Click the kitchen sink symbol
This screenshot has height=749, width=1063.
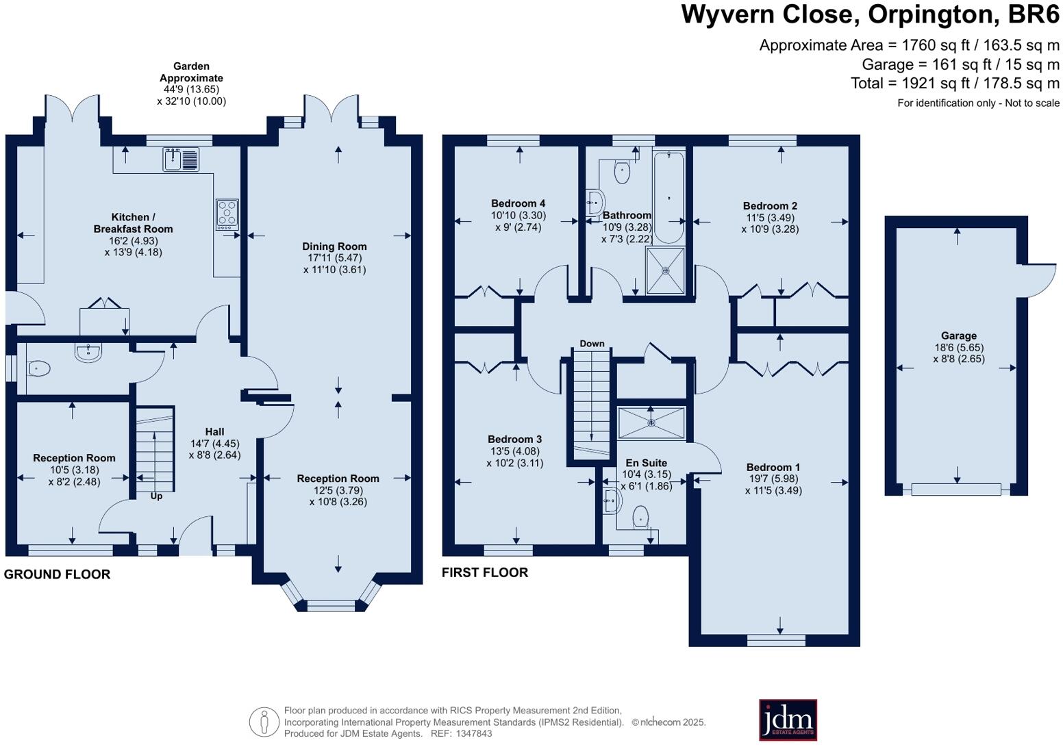(x=181, y=160)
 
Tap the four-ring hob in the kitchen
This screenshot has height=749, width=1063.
(x=227, y=212)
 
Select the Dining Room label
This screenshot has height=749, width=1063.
(x=334, y=246)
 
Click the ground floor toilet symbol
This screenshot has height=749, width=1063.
(x=39, y=369)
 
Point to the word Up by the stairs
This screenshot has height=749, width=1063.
(x=156, y=496)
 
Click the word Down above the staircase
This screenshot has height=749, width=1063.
(x=592, y=344)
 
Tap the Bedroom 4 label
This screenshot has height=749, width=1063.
(x=518, y=203)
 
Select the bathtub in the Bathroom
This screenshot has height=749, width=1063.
(x=668, y=197)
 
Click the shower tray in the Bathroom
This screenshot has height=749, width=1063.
(x=665, y=270)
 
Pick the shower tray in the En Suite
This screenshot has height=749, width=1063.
(x=651, y=423)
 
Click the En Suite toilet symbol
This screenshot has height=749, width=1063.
(x=640, y=516)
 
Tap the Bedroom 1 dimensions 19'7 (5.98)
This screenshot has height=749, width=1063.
(x=773, y=479)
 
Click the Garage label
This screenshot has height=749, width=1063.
(x=958, y=335)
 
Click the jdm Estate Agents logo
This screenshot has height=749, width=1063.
(x=788, y=720)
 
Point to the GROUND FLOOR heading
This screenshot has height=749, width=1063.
(x=57, y=574)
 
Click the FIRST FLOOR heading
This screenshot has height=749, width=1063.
(x=484, y=572)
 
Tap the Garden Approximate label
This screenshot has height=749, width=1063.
(x=191, y=72)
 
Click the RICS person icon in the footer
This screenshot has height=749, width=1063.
(x=264, y=722)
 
